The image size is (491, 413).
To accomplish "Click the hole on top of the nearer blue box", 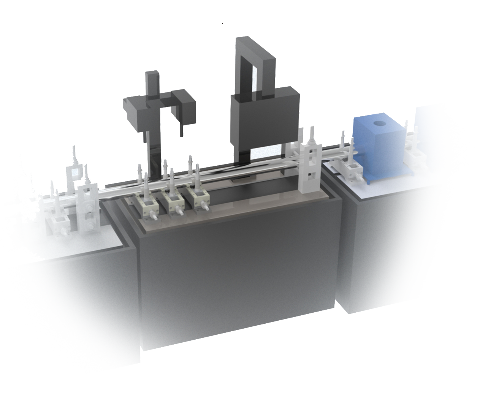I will (379, 123).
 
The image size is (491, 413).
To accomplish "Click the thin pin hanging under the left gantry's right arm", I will (181, 130).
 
